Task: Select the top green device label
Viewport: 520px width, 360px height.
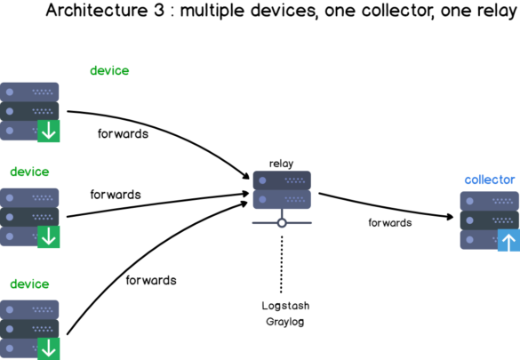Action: click(109, 70)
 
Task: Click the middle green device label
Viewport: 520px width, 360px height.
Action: click(29, 172)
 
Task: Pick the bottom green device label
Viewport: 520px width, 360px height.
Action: click(29, 284)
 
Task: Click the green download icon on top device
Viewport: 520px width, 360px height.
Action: click(48, 132)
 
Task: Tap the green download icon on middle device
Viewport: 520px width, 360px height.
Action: click(48, 236)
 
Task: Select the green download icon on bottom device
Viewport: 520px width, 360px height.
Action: click(48, 348)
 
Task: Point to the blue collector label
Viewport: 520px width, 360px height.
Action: click(489, 180)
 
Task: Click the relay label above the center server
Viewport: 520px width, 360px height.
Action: click(281, 164)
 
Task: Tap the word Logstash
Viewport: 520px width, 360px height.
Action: click(285, 306)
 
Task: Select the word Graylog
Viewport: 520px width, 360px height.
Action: click(285, 321)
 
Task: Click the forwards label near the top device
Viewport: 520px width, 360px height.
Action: click(122, 134)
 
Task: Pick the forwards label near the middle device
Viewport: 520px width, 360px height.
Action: click(115, 194)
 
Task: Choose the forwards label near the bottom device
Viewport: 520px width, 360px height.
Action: click(150, 280)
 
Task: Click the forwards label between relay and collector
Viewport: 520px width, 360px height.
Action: click(389, 222)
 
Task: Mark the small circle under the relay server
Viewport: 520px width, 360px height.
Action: click(282, 223)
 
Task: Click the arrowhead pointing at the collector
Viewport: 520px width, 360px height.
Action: click(450, 214)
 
